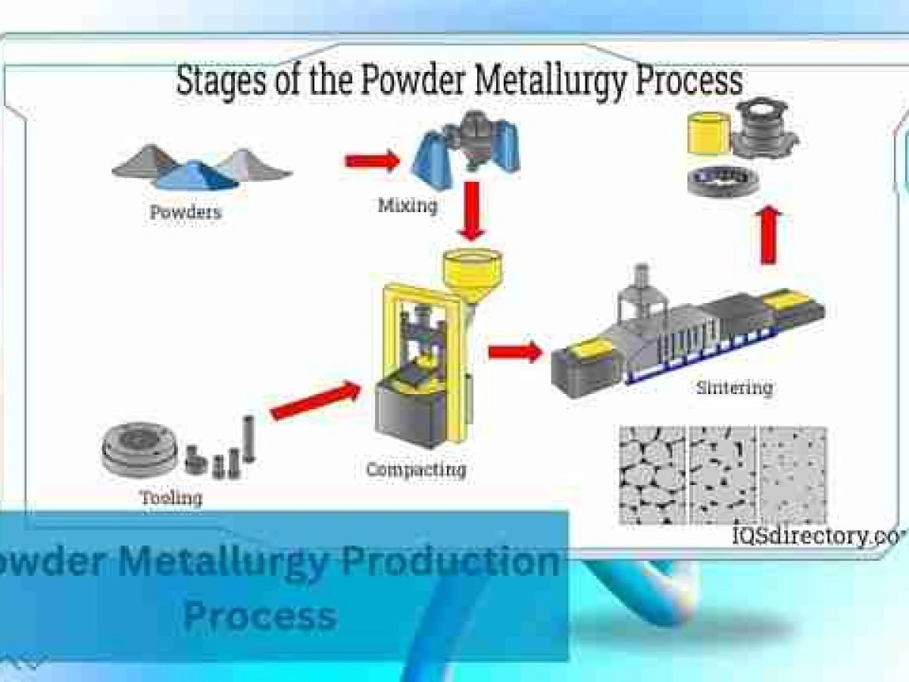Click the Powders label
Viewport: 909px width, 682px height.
pos(186,212)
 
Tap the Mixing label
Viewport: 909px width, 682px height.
pos(408,205)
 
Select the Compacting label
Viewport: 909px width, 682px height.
pos(416,470)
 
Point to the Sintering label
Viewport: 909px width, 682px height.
pos(734,388)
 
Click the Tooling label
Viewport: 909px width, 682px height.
pos(171,498)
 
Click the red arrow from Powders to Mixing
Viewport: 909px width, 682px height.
pos(372,161)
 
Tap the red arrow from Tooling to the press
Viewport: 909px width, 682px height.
pos(315,401)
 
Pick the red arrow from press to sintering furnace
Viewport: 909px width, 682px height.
pos(515,352)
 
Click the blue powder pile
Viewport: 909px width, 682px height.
pos(195,176)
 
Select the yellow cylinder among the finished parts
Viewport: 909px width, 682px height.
pos(709,135)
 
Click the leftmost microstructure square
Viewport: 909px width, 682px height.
pos(652,475)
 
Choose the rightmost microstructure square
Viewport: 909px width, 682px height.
pos(793,475)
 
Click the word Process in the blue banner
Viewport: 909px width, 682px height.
pos(260,615)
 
